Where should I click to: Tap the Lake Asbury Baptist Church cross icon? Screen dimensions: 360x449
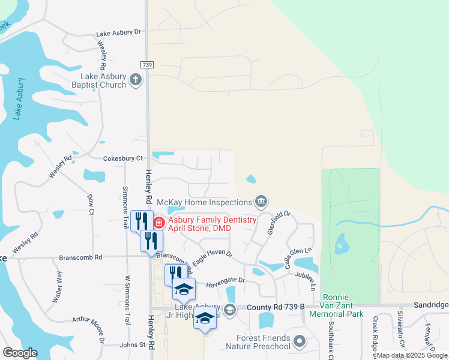[x=136, y=79]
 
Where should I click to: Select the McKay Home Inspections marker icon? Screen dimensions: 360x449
[x=261, y=201]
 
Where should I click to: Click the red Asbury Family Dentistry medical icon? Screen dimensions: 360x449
[x=159, y=224]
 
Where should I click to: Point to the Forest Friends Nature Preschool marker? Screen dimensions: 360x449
[x=300, y=341]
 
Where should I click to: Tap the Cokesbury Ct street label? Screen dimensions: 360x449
[x=122, y=158]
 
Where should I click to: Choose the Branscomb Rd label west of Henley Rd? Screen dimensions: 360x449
[x=81, y=257]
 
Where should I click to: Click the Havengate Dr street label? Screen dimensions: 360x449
[x=226, y=280]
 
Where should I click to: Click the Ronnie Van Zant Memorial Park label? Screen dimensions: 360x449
[x=343, y=305]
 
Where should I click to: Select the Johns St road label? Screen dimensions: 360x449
[x=133, y=345]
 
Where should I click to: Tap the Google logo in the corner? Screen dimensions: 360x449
[x=20, y=353]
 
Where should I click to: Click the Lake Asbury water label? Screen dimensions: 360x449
[x=20, y=98]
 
